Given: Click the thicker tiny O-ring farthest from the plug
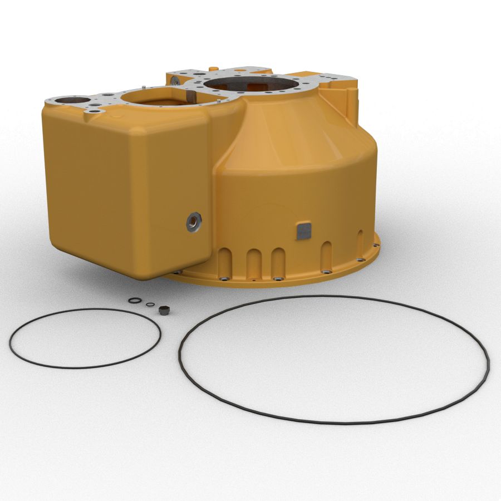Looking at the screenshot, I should (x=135, y=301).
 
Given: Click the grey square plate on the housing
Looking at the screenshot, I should (x=303, y=230).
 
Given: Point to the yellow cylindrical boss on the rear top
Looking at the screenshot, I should (x=212, y=68).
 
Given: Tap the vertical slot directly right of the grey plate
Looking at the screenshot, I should (x=327, y=255).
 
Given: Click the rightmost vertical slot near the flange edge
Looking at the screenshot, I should (x=360, y=243).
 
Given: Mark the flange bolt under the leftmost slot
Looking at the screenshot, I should (x=223, y=278).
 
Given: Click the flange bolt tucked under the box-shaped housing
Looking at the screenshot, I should (x=178, y=272).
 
